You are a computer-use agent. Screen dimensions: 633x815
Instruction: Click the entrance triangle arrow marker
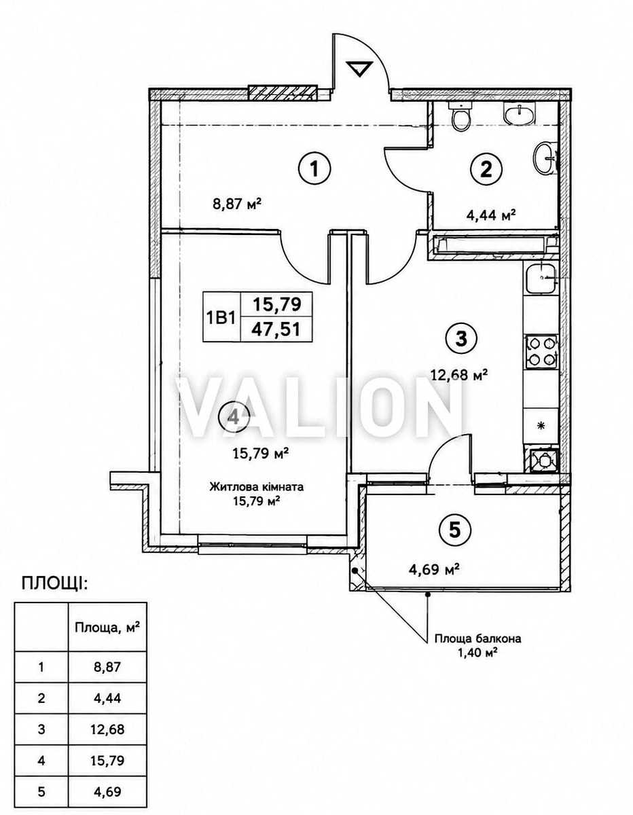(359, 69)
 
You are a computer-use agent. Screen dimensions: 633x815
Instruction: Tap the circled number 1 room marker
(314, 170)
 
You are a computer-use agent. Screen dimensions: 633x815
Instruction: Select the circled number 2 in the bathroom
(486, 170)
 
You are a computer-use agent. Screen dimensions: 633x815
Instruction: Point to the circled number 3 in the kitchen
(461, 339)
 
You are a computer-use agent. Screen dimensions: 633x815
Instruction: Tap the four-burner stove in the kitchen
(541, 351)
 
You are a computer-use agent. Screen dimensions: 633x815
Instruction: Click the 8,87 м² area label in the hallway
(236, 205)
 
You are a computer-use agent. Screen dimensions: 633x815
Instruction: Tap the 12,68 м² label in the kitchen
(459, 374)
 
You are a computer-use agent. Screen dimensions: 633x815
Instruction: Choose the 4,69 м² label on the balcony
(434, 570)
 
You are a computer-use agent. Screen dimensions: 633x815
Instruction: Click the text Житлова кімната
(257, 487)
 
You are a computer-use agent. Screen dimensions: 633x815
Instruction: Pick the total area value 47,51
(276, 330)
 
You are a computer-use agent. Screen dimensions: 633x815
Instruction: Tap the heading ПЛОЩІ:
(54, 584)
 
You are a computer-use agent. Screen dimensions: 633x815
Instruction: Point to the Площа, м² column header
(107, 627)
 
